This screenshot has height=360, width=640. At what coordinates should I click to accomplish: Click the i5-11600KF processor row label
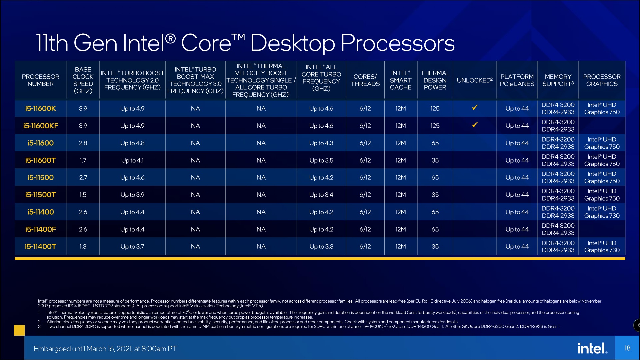pos(41,126)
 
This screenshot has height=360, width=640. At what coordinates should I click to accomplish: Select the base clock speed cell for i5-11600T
pos(83,160)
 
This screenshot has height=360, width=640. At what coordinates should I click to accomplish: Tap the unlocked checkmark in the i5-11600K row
pos(475,108)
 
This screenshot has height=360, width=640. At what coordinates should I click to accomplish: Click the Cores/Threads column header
pos(365,80)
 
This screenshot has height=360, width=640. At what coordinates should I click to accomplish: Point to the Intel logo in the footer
pos(592,348)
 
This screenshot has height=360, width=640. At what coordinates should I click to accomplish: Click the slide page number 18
pos(627,348)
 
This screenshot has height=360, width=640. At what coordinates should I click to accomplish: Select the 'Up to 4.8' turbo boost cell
pos(132,143)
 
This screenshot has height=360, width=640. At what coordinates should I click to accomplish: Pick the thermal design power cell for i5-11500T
pos(435,195)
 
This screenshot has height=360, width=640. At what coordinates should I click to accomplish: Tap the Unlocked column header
pos(474,80)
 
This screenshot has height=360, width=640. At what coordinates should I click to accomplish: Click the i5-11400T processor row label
pos(41,247)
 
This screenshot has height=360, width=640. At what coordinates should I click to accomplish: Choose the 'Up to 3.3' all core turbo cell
pos(321,247)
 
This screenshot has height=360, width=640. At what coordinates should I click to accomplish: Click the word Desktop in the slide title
pos(292,43)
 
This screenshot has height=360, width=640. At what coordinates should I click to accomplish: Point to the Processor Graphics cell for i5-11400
pos(602,212)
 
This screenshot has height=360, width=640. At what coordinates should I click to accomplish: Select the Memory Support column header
pos(558,80)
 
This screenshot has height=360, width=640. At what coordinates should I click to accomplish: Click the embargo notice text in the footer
pos(105,349)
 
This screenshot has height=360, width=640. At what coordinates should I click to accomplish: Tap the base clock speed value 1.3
pos(83,247)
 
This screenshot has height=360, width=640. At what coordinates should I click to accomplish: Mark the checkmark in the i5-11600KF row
pos(475,125)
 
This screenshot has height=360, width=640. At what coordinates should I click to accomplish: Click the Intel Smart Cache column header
pos(400,80)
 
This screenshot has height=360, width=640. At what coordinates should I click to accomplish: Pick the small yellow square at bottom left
pos(19,330)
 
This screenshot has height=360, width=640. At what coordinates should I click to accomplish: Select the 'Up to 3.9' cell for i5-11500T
pos(132,195)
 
